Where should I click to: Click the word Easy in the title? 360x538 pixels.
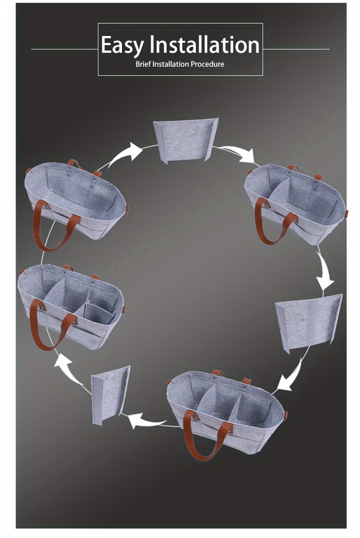(122, 46)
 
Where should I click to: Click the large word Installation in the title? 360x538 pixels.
(204, 45)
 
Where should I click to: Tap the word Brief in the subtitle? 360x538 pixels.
(143, 64)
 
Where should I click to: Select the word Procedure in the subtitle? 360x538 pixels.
(207, 64)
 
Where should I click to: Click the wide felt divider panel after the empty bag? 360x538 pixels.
(186, 140)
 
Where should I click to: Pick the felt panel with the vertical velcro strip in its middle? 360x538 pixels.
(309, 323)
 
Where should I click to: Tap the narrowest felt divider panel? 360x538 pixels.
(110, 395)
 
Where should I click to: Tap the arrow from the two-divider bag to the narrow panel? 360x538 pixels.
(147, 420)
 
